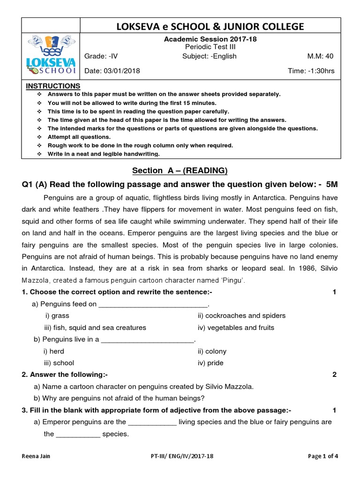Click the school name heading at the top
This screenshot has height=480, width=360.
[210, 27]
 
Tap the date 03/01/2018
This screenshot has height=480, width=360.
[112, 71]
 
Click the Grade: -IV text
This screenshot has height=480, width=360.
[101, 56]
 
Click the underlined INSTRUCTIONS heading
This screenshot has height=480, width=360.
[53, 86]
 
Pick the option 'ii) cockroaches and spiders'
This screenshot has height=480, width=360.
[241, 315]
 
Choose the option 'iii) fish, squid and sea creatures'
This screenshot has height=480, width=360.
[95, 328]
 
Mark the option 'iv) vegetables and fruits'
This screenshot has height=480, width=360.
[236, 328]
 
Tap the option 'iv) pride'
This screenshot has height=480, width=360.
[210, 363]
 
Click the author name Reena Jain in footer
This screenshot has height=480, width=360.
[36, 456]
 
